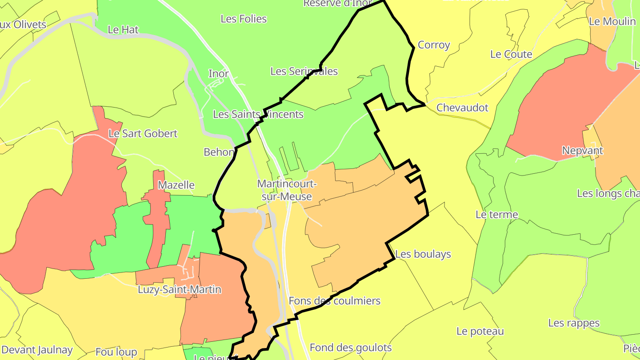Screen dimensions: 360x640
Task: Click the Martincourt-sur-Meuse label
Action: (x=287, y=190)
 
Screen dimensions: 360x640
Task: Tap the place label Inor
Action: (x=219, y=74)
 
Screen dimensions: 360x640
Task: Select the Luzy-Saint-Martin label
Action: (x=180, y=290)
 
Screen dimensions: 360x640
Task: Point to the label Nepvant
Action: (x=582, y=151)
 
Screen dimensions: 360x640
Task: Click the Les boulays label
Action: (x=423, y=254)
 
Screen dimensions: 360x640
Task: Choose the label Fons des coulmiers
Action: (x=334, y=301)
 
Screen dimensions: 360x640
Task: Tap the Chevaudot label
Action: (x=462, y=108)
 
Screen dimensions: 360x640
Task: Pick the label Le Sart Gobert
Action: (x=143, y=133)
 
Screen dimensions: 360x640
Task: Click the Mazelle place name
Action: (x=176, y=185)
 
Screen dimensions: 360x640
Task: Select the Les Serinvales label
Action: (x=304, y=71)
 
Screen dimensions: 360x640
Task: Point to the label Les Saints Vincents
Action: (x=258, y=114)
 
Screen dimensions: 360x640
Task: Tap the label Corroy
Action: (x=434, y=45)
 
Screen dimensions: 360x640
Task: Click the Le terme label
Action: (x=496, y=215)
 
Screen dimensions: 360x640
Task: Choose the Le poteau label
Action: (x=480, y=331)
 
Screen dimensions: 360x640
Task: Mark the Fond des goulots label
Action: (x=351, y=348)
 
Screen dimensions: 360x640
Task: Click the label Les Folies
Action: (x=244, y=19)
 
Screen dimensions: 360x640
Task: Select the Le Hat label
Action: (x=123, y=30)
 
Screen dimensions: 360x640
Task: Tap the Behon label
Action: (x=219, y=152)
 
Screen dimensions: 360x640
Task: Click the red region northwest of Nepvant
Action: (x=569, y=102)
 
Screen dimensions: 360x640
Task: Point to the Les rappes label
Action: (x=574, y=323)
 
